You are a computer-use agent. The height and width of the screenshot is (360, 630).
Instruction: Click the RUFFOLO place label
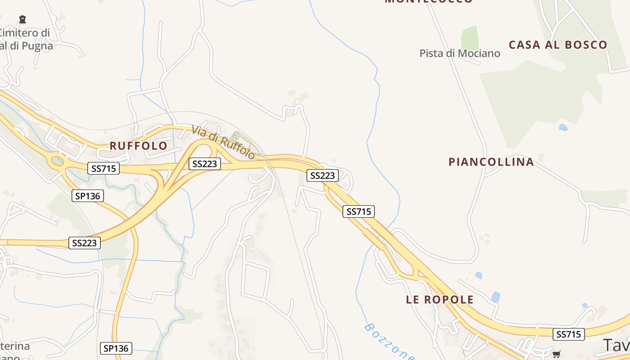coord(139,146)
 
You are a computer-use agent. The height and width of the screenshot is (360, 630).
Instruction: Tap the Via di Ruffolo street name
coord(223,142)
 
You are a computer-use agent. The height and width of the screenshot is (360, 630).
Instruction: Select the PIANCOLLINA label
coord(491,162)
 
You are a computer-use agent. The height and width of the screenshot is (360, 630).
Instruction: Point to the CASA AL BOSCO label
coord(558,45)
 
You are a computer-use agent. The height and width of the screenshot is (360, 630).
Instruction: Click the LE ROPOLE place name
coord(440,300)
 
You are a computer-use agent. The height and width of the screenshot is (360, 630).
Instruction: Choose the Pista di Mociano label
coord(459,54)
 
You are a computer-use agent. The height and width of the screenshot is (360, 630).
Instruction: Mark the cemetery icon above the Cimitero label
coord(22,19)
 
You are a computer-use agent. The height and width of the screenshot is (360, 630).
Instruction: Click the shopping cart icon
coord(557,354)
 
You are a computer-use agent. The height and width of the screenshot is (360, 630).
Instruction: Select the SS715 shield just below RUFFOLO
coord(103,169)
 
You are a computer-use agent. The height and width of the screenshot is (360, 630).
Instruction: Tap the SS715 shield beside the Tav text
coord(569,334)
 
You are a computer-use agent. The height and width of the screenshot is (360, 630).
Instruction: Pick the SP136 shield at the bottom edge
coord(116,348)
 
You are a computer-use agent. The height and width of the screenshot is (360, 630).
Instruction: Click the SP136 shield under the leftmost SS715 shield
coord(88,196)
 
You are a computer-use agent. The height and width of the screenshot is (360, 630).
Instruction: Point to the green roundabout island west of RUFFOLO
coord(58,161)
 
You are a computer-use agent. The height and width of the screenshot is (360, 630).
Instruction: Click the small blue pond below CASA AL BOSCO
coord(563,128)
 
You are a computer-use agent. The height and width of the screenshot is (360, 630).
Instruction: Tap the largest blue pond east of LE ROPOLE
coord(495,297)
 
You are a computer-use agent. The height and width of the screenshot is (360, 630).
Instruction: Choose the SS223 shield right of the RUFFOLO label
coord(205,164)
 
